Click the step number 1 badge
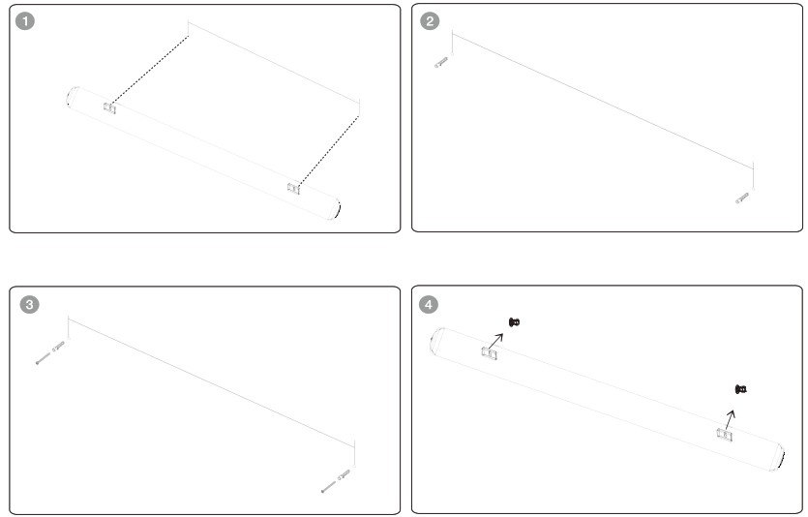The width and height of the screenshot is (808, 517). tap(25, 21)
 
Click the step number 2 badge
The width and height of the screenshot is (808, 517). tap(430, 21)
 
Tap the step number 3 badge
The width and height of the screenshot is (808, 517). tap(29, 305)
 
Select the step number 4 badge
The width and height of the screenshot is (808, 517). tap(429, 305)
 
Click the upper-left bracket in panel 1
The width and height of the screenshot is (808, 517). tap(109, 107)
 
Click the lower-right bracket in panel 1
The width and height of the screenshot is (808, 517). tap(294, 189)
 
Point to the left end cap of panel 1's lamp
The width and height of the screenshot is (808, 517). tap(73, 97)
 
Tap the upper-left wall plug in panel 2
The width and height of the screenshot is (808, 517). tap(441, 62)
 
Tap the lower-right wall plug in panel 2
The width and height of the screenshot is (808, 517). tap(742, 198)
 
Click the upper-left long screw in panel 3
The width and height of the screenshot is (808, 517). tap(44, 358)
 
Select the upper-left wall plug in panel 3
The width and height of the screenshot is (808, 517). tap(59, 346)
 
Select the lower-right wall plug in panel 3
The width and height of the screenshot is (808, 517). tap(344, 474)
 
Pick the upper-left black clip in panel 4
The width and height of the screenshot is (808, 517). tap(514, 322)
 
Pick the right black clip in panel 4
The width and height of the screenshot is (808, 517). tap(741, 389)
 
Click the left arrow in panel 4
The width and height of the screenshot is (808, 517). tap(495, 341)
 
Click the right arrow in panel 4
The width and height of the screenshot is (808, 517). tap(731, 420)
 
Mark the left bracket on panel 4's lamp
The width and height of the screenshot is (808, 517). tap(490, 353)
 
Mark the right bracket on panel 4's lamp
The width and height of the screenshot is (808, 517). tap(725, 435)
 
